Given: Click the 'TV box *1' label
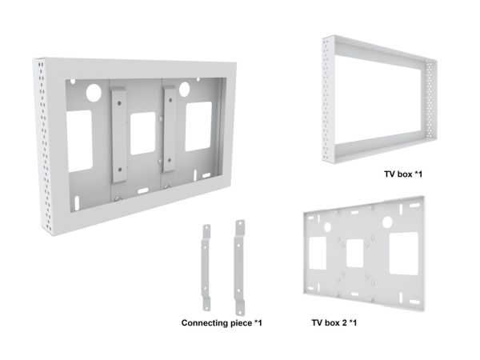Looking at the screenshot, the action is [x=403, y=174].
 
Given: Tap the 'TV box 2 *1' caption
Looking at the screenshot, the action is [x=334, y=322].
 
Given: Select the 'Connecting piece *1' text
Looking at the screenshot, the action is [x=222, y=323].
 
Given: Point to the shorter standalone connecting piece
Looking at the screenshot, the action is [x=206, y=267].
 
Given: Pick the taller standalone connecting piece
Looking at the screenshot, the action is [x=240, y=267].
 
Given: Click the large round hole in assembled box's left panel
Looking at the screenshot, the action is [x=94, y=93].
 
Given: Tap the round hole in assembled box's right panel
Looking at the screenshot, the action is [x=184, y=89].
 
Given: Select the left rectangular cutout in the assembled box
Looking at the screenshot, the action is [x=79, y=142].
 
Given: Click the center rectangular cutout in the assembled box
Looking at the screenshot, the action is [x=142, y=133].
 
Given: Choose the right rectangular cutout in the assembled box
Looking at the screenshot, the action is [x=198, y=126].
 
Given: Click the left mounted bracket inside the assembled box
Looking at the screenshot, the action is [x=119, y=134].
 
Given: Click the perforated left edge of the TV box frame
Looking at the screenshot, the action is [x=329, y=99].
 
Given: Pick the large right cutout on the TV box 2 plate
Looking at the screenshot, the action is [x=404, y=254].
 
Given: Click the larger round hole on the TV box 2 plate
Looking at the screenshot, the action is [x=387, y=222].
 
